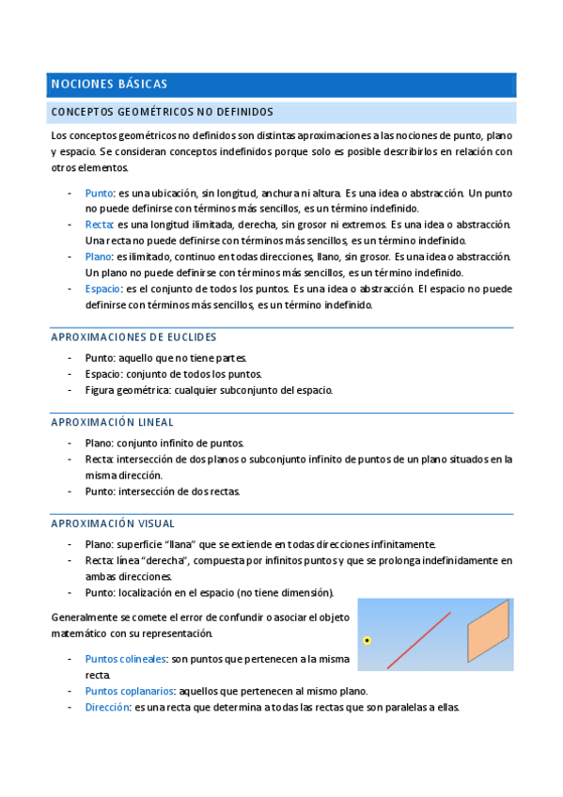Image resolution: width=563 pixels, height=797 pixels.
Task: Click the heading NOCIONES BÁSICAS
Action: pyautogui.click(x=109, y=85)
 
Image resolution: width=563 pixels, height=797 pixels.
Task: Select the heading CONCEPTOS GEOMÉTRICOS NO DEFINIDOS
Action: pyautogui.click(x=162, y=111)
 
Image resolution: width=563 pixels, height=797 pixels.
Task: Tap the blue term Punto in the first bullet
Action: pyautogui.click(x=100, y=193)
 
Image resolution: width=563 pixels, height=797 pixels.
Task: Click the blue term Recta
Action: pyautogui.click(x=99, y=225)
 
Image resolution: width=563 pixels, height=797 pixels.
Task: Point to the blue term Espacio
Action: pyautogui.click(x=102, y=289)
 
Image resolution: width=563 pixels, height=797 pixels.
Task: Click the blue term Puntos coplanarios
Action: pyautogui.click(x=129, y=690)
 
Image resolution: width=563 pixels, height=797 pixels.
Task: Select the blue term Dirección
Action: pyautogui.click(x=106, y=707)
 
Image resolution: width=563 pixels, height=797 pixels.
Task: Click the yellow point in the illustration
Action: pyautogui.click(x=368, y=640)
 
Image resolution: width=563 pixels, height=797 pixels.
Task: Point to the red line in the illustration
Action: pyautogui.click(x=419, y=639)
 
